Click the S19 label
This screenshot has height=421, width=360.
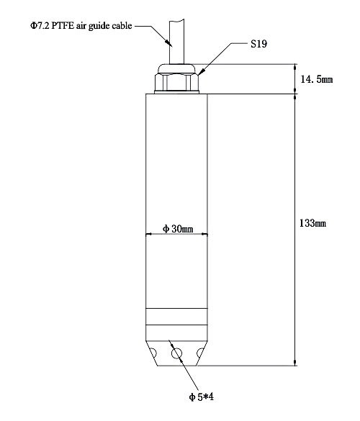(258, 44)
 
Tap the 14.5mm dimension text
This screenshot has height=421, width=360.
(318, 78)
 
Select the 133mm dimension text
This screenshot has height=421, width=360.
(312, 224)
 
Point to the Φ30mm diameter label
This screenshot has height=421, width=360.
(178, 229)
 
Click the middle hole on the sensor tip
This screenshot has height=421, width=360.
(177, 353)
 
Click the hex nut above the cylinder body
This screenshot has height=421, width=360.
(177, 79)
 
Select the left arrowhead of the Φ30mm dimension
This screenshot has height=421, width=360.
(148, 234)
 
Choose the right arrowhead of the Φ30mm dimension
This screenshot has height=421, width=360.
(205, 234)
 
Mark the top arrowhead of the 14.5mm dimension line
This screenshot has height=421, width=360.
(296, 67)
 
